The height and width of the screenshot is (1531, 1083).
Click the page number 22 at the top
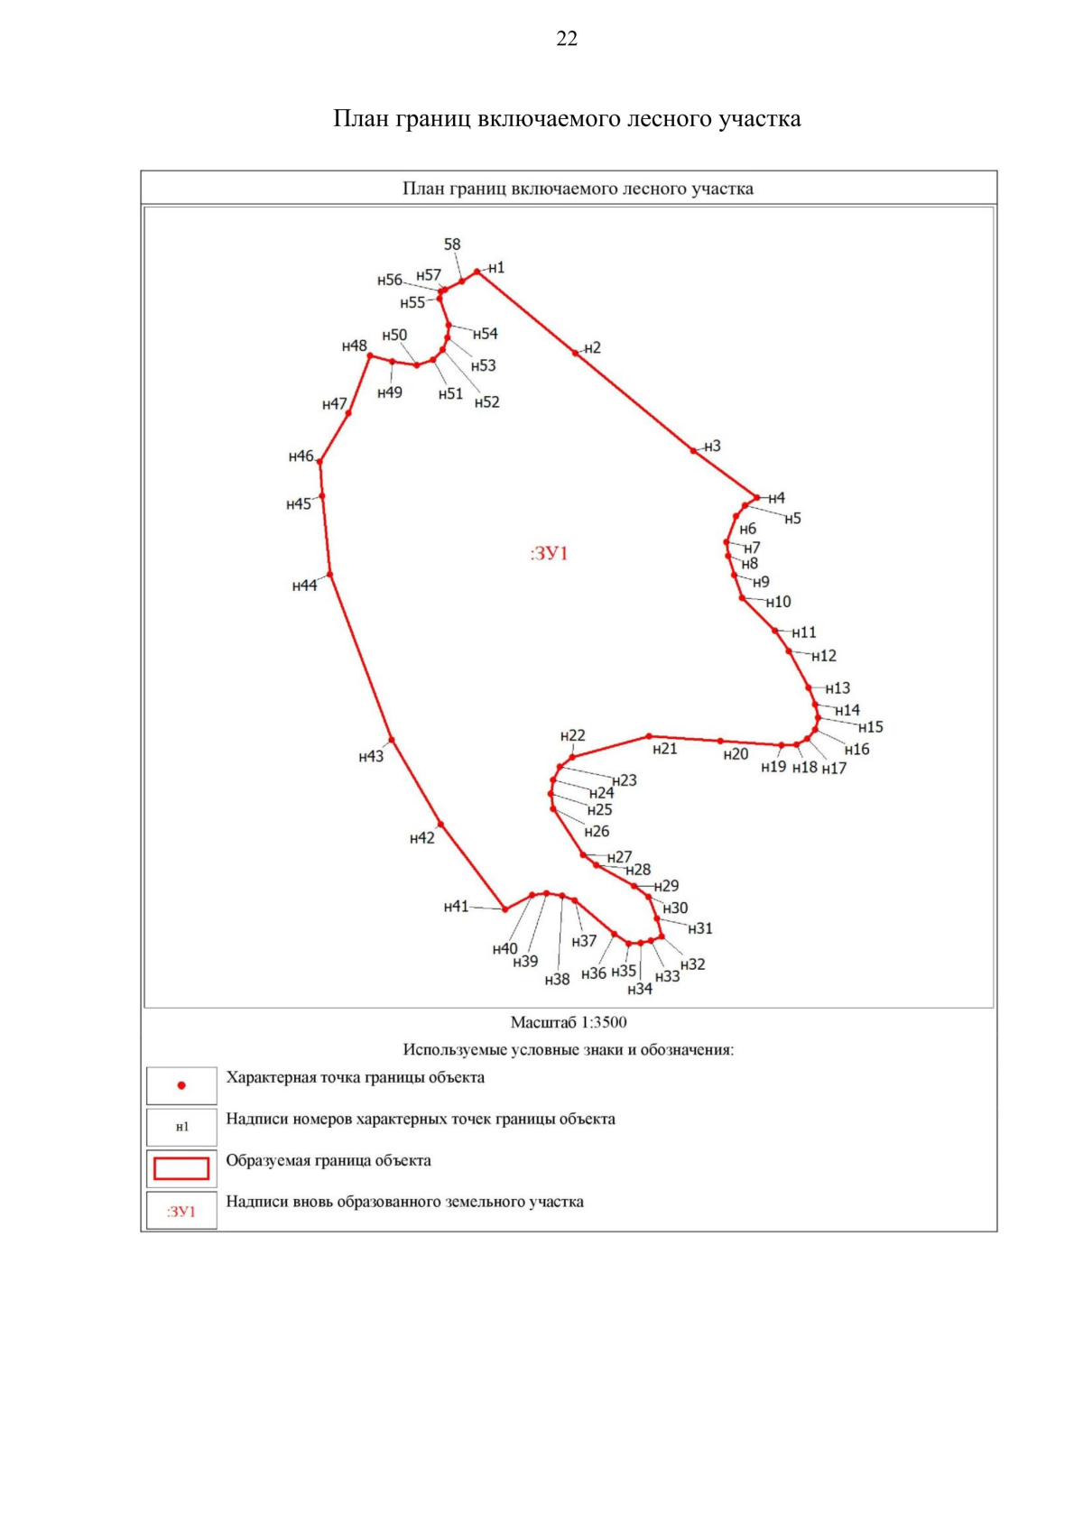567,39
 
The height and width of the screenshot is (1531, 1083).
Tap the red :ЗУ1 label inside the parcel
549,553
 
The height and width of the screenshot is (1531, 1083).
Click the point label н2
592,348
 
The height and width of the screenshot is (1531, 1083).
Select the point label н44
304,586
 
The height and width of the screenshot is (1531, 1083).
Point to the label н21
664,749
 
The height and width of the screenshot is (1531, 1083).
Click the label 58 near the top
452,244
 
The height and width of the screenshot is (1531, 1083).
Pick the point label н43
371,757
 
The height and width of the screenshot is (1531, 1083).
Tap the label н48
355,346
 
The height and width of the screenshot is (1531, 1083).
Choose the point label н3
713,447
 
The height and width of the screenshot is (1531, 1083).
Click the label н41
456,907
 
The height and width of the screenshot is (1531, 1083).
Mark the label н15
871,727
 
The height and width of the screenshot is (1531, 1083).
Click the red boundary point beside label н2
575,353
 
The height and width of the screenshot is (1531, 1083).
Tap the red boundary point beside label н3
694,450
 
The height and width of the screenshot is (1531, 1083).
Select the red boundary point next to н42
440,824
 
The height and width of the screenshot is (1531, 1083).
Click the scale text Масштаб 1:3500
569,1022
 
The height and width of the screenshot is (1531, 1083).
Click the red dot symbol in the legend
181,1085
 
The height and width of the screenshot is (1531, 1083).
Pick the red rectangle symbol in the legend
181,1168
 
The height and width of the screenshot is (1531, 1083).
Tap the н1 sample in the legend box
182,1127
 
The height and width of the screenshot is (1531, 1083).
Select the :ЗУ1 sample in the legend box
181,1211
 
